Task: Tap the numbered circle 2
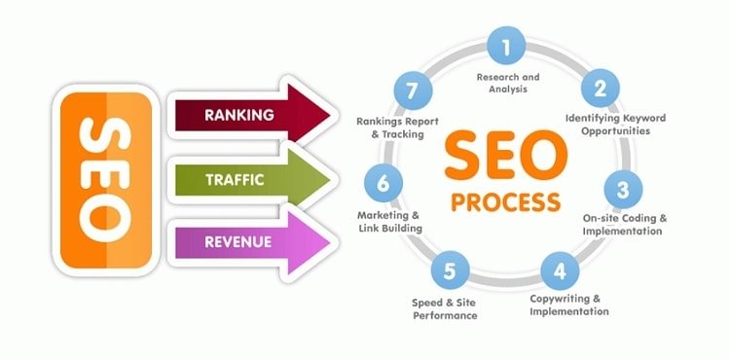(x=601, y=90)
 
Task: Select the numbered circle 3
(x=624, y=185)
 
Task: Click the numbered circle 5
(x=449, y=267)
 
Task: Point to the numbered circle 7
(x=412, y=90)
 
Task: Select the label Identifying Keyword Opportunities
(x=615, y=124)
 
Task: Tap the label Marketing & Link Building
(x=388, y=221)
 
